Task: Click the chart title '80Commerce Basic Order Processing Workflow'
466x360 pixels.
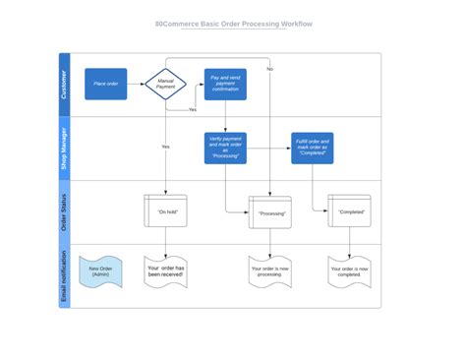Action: tap(233, 24)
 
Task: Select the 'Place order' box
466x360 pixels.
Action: tap(105, 85)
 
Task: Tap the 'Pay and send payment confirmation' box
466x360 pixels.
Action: tap(225, 85)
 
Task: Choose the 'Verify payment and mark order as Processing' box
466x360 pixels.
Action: tap(225, 149)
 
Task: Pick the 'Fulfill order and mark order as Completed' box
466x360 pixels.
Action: tap(312, 149)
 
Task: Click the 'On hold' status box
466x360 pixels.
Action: tap(165, 210)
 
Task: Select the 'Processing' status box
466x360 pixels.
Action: tap(270, 212)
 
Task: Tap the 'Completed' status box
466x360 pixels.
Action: tap(349, 210)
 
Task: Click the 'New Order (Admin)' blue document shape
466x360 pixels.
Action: tap(100, 270)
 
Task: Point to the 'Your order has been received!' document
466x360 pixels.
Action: tap(165, 271)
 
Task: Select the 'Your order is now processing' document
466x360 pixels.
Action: tap(270, 271)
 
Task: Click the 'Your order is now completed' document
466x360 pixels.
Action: tap(349, 271)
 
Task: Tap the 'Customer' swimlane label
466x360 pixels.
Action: tap(65, 85)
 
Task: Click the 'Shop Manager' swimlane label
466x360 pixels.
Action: tap(65, 149)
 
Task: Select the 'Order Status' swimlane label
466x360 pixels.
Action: tap(65, 211)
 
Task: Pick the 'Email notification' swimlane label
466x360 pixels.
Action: tap(65, 275)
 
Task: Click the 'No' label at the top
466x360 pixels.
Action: tap(269, 69)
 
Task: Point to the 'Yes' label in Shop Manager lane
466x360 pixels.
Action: tap(165, 146)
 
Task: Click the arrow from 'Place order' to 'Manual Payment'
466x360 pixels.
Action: tap(137, 85)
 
